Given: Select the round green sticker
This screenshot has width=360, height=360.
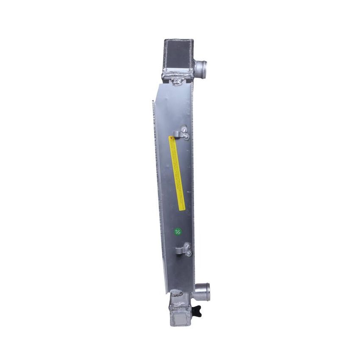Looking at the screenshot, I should tap(177, 231).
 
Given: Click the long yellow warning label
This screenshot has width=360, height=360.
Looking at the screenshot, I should tap(177, 173).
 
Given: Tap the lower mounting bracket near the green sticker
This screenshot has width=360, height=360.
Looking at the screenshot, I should tap(186, 249).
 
